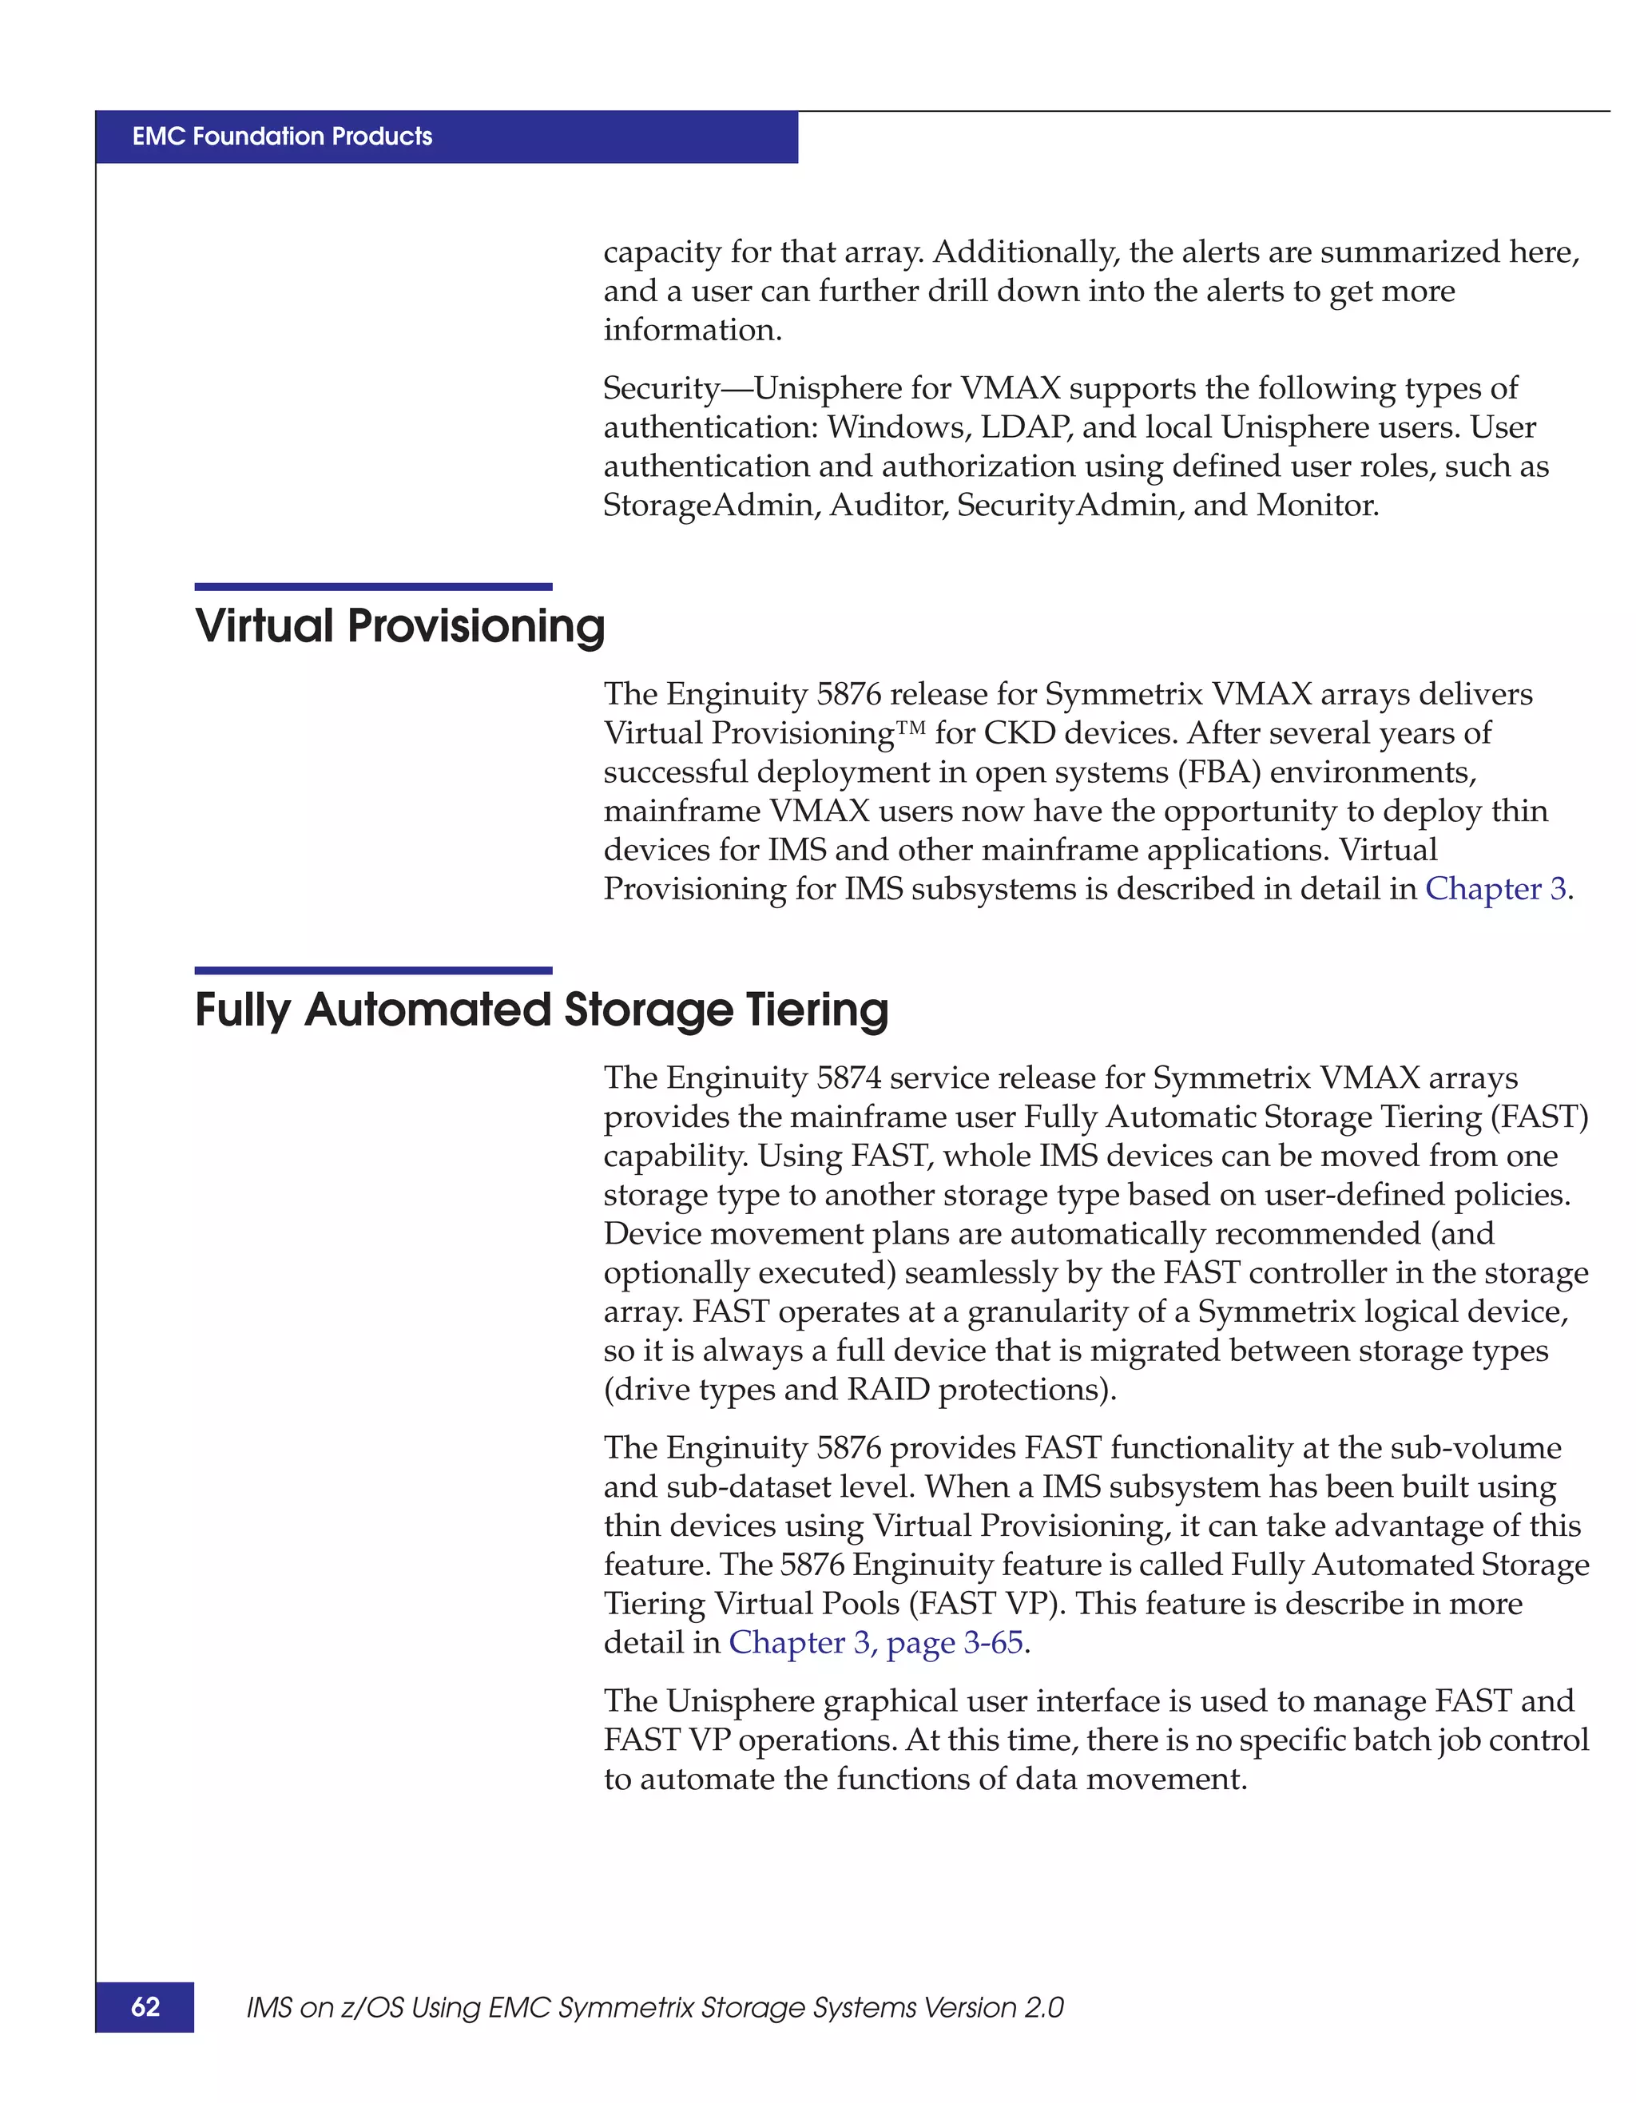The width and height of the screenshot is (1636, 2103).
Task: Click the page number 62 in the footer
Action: [145, 2006]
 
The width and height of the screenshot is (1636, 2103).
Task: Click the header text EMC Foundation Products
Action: [282, 136]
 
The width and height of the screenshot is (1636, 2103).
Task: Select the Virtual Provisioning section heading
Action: [399, 626]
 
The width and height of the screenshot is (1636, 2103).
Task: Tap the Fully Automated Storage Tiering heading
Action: [541, 1010]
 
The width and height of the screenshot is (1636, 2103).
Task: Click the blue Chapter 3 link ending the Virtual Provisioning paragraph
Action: [1495, 889]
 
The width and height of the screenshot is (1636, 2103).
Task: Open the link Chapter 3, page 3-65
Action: [876, 1643]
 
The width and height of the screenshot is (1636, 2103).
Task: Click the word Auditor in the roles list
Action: [887, 506]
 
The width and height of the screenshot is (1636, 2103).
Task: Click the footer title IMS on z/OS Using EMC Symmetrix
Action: [655, 2008]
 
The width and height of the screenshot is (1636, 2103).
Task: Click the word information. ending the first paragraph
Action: [693, 331]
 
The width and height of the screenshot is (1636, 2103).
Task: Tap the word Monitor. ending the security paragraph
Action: [1317, 506]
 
